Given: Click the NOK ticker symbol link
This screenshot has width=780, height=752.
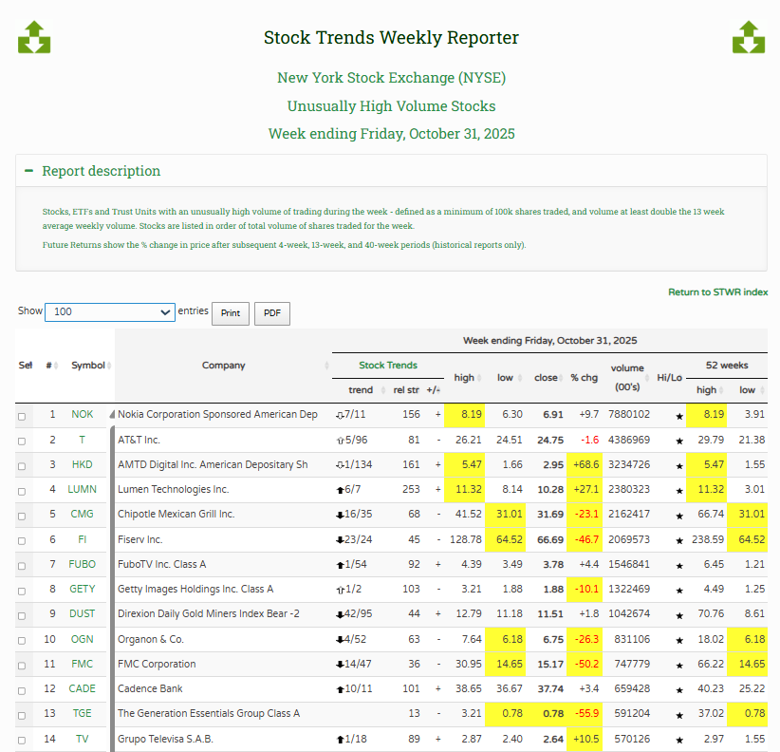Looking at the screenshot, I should pyautogui.click(x=82, y=415).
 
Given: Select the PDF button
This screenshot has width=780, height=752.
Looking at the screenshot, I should pyautogui.click(x=271, y=313).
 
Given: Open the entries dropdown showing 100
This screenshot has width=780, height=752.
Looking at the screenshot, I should pyautogui.click(x=109, y=312).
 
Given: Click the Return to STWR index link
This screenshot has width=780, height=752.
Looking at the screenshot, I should pyautogui.click(x=717, y=292).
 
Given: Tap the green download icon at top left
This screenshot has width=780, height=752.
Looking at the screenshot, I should pyautogui.click(x=34, y=37).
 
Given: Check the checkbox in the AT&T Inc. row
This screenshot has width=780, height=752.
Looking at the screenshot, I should pyautogui.click(x=22, y=441).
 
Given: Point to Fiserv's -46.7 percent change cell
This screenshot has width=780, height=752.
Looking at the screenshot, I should pyautogui.click(x=584, y=539).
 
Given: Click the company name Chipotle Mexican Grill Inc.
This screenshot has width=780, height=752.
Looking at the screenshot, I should pyautogui.click(x=176, y=515).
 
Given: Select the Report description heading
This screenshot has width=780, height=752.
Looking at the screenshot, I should pyautogui.click(x=101, y=172).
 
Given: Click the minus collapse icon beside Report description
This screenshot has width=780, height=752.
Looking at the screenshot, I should pyautogui.click(x=29, y=172).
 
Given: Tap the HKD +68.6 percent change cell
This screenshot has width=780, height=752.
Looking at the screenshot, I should pyautogui.click(x=584, y=465).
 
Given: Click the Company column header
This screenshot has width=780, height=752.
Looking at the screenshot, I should pyautogui.click(x=223, y=366).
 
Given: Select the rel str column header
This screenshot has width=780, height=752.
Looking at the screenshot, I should pyautogui.click(x=405, y=390).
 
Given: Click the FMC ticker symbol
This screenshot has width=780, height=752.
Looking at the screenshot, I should pyautogui.click(x=82, y=664).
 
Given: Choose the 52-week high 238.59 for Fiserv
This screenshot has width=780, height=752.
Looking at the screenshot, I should pyautogui.click(x=707, y=539).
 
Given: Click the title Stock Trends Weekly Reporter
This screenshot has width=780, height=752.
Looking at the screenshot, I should pyautogui.click(x=391, y=38).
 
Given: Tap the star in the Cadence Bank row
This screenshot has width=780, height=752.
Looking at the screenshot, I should pyautogui.click(x=678, y=689).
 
